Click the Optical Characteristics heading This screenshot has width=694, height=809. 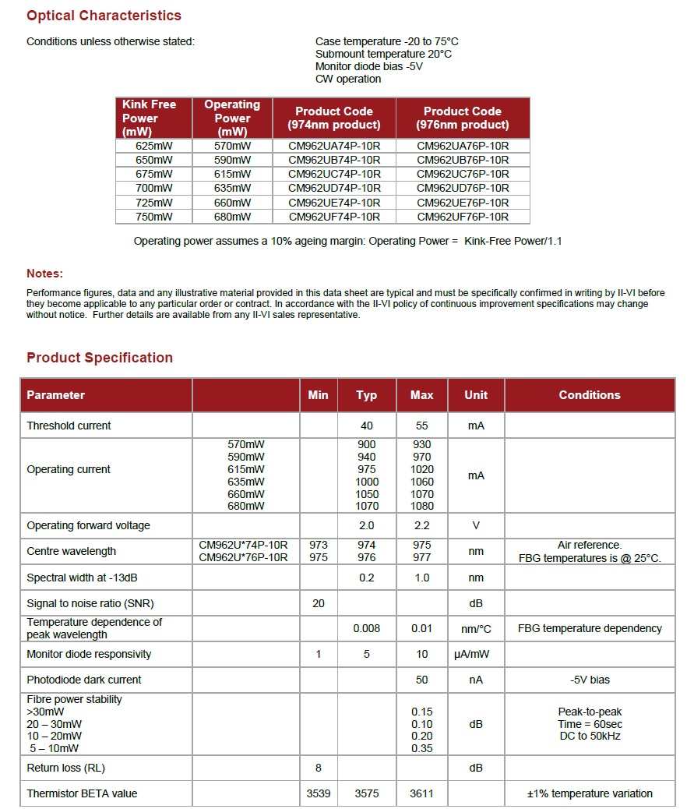pyautogui.click(x=104, y=16)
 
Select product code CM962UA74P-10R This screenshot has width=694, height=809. pyautogui.click(x=334, y=146)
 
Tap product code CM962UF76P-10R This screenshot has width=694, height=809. pyautogui.click(x=463, y=217)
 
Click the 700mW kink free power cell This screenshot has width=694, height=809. pyautogui.click(x=154, y=188)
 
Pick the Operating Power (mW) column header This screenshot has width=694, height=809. pyautogui.click(x=232, y=118)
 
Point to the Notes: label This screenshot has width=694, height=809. pyautogui.click(x=45, y=274)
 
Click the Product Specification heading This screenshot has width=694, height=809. pyautogui.click(x=100, y=358)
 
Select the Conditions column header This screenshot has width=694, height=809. pyautogui.click(x=590, y=395)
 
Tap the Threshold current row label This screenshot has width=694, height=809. pyautogui.click(x=69, y=426)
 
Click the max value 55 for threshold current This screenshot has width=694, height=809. pyautogui.click(x=422, y=426)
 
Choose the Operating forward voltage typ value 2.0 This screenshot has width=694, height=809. pyautogui.click(x=367, y=525)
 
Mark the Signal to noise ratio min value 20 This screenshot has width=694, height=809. pyautogui.click(x=318, y=603)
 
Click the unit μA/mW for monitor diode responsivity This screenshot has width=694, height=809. pyautogui.click(x=476, y=654)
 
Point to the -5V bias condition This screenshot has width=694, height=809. pyautogui.click(x=590, y=680)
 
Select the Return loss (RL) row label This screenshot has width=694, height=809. pyautogui.click(x=65, y=768)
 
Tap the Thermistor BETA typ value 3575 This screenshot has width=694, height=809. pyautogui.click(x=367, y=793)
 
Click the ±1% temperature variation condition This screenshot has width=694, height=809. pyautogui.click(x=590, y=793)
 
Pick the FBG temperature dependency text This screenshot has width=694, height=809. pyautogui.click(x=590, y=628)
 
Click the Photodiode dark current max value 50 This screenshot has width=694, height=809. pyautogui.click(x=422, y=680)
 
